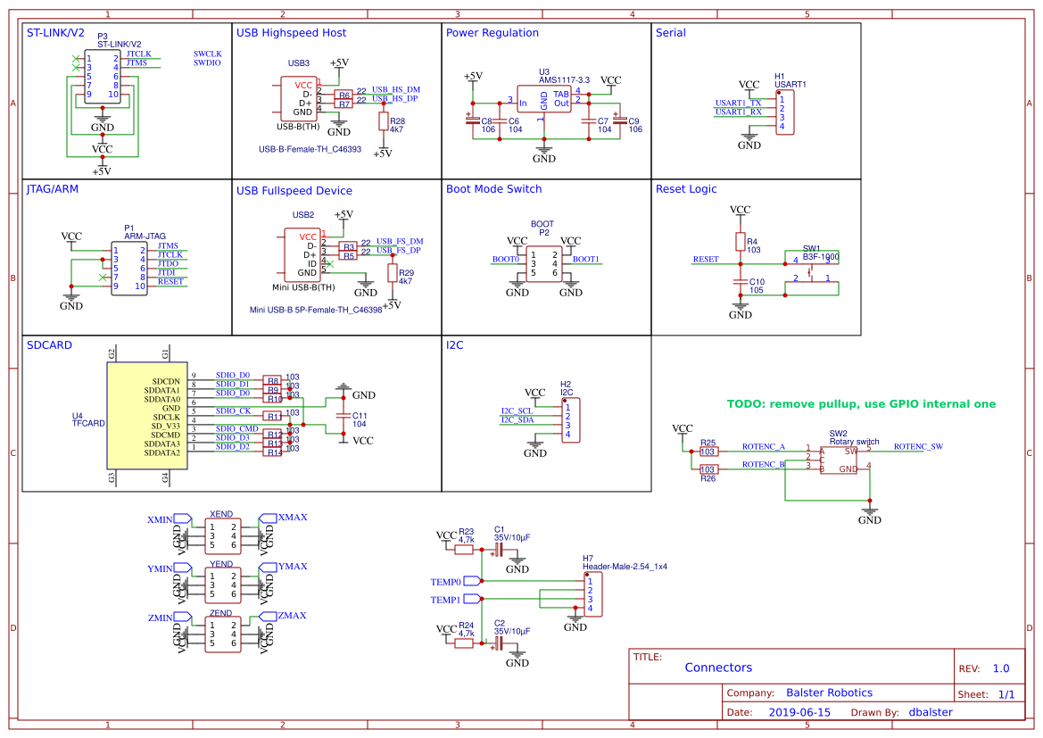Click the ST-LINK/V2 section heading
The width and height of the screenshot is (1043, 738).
(55, 33)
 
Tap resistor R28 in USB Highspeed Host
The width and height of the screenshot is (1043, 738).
(384, 121)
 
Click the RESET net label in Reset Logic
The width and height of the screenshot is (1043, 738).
(705, 260)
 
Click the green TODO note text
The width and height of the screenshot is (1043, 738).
(861, 404)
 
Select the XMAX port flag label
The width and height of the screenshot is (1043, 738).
(293, 518)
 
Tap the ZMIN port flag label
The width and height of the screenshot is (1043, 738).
(160, 617)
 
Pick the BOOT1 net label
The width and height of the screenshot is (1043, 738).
(585, 260)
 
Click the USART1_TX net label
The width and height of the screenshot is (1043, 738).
(738, 104)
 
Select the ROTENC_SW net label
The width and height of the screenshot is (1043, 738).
(918, 446)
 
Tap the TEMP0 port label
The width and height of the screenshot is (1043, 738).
(445, 582)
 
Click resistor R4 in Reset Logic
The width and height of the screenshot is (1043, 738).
(740, 242)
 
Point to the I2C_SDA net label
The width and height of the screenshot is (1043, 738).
(517, 419)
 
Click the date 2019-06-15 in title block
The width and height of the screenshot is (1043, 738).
(799, 712)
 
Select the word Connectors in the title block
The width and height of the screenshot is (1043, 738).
(718, 668)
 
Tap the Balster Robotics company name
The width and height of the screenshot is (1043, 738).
(829, 692)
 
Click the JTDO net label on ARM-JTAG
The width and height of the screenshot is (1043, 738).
(168, 264)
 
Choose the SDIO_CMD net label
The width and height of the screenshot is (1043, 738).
(236, 429)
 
